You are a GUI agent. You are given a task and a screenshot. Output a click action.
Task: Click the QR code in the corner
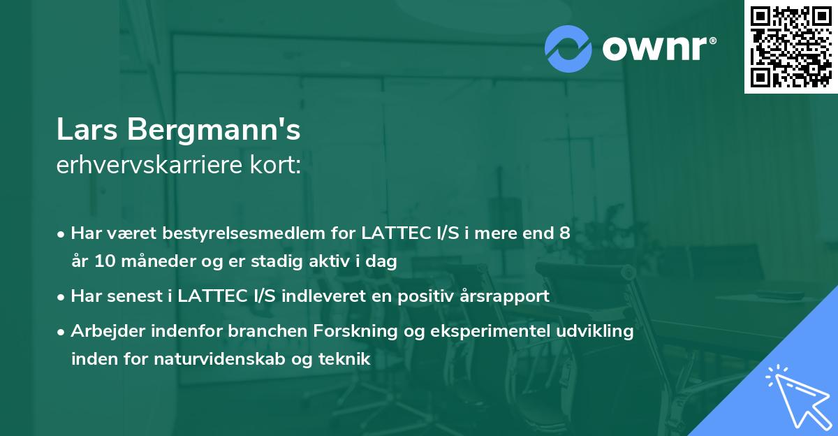point(791,46)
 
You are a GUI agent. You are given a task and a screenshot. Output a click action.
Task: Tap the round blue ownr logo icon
point(568,49)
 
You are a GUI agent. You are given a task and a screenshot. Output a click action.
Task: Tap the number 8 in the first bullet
point(565,233)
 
